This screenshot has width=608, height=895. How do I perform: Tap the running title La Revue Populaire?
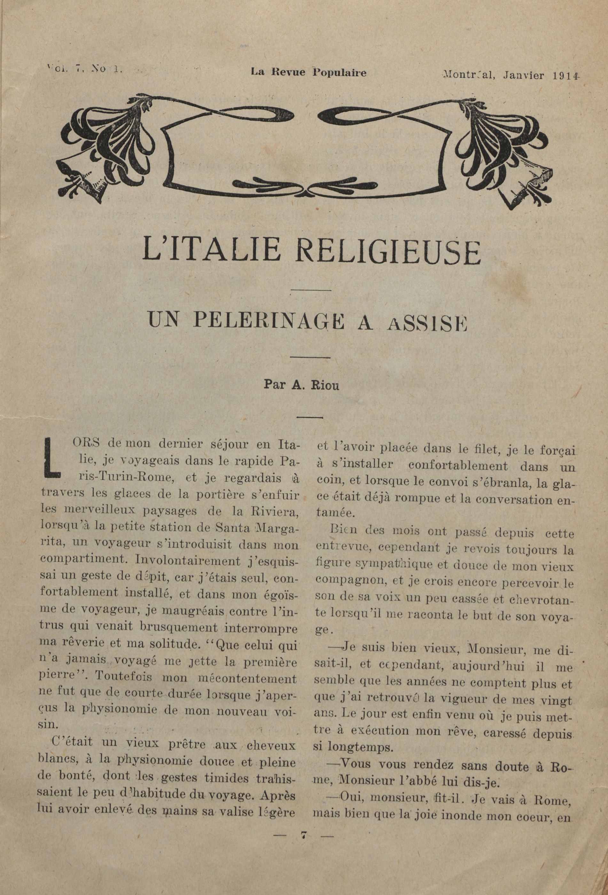[x=308, y=72]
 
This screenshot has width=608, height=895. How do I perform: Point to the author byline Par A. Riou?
[x=301, y=385]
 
